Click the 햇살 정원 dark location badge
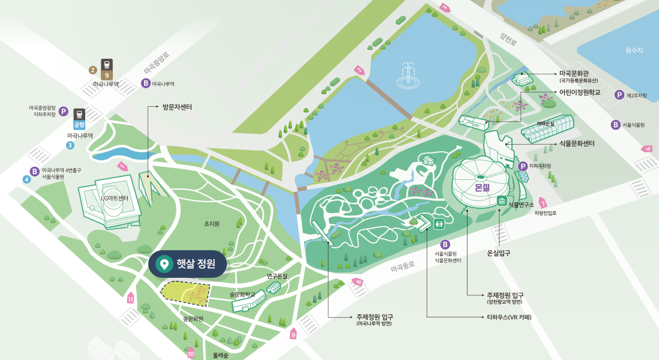[x=187, y=264]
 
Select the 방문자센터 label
[x=177, y=107]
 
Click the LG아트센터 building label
[x=114, y=199]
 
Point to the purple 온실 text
[x=483, y=188]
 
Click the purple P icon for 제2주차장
[x=619, y=95]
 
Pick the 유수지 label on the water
[x=634, y=50]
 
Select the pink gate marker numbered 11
[x=130, y=298]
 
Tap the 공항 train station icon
[x=79, y=119]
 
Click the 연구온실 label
[x=277, y=277]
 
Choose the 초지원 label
[x=212, y=224]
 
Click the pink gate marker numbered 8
[x=358, y=281]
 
